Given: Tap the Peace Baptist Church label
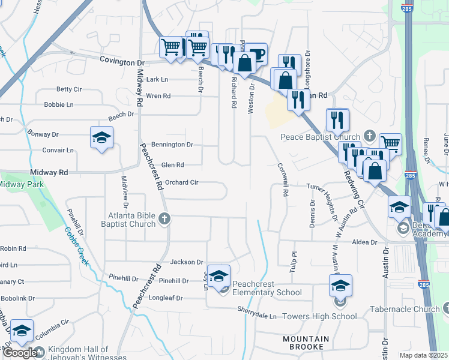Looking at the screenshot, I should [x=320, y=136].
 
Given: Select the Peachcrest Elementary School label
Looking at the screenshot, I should [x=267, y=288].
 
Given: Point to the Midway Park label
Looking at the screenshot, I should [x=21, y=184].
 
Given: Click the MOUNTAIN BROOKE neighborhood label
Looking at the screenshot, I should [x=306, y=343].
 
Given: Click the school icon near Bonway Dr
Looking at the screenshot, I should [x=101, y=137].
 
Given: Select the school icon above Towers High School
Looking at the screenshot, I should [x=340, y=286].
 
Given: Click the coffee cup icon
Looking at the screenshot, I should [x=256, y=53].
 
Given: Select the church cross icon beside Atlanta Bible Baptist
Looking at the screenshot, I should [x=164, y=220].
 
